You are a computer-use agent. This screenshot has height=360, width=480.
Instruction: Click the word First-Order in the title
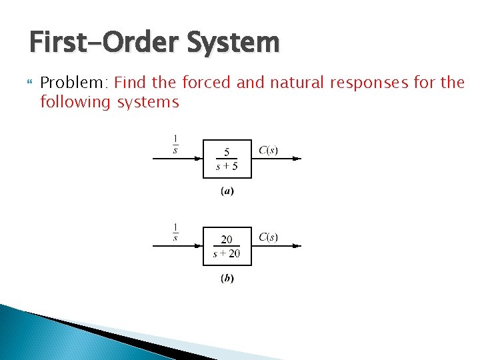[x=100, y=43]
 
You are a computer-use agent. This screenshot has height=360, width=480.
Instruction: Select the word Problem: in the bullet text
[x=75, y=83]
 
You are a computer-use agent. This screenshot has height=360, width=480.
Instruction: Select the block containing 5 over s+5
[x=227, y=159]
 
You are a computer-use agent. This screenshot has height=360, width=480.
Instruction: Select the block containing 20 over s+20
[x=227, y=246]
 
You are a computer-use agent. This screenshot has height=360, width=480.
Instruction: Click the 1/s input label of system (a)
[x=175, y=143]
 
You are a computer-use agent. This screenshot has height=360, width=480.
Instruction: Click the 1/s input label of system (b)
[x=175, y=231]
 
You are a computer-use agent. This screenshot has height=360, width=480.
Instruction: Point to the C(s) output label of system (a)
[x=268, y=150]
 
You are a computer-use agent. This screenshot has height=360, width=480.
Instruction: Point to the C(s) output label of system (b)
[x=268, y=237]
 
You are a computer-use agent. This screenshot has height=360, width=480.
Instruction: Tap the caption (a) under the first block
[x=227, y=192]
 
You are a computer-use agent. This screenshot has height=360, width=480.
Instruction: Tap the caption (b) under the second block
[x=227, y=279]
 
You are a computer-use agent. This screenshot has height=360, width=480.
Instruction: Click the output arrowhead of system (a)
[x=297, y=159]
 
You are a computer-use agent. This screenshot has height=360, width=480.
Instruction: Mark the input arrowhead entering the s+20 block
[x=199, y=246]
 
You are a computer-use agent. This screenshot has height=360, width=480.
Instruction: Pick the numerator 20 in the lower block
[x=227, y=239]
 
